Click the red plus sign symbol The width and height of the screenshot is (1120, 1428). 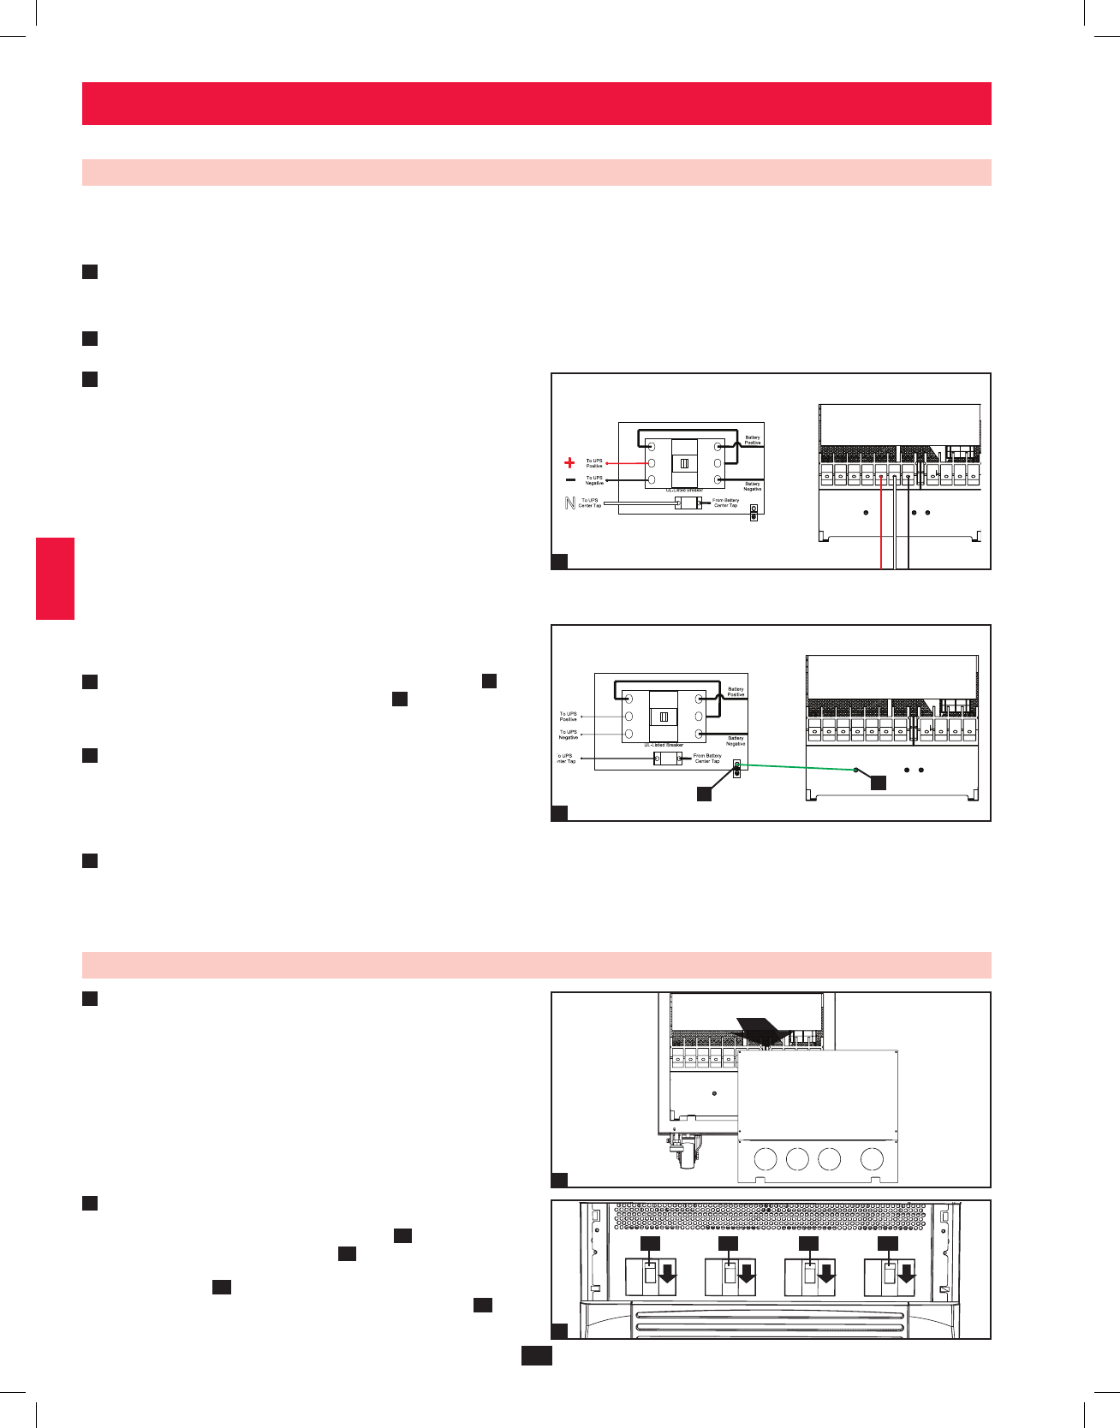click(569, 462)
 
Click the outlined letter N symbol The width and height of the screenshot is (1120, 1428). click(570, 503)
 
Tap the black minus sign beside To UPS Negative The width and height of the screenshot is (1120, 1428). click(570, 480)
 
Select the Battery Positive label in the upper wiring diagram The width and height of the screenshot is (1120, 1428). click(752, 440)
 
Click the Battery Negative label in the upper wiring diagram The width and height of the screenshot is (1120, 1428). click(752, 486)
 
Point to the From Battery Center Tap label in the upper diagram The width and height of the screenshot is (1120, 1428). click(725, 503)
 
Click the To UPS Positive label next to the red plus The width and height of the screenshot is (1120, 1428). click(594, 463)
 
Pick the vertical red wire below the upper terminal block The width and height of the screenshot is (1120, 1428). click(881, 531)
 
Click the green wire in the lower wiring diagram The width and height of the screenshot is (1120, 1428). click(796, 767)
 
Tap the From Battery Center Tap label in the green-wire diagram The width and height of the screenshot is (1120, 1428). click(707, 759)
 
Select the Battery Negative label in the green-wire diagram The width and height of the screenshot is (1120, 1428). click(736, 741)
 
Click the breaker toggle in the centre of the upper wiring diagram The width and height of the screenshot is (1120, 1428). click(684, 463)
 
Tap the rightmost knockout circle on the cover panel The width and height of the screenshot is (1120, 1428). click(872, 1159)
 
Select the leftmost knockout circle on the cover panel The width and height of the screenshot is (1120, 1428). click(766, 1159)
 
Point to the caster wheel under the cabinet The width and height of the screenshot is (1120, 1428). click(685, 1156)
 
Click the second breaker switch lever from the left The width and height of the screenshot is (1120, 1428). click(730, 1275)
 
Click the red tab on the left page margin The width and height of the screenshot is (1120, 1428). click(55, 578)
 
